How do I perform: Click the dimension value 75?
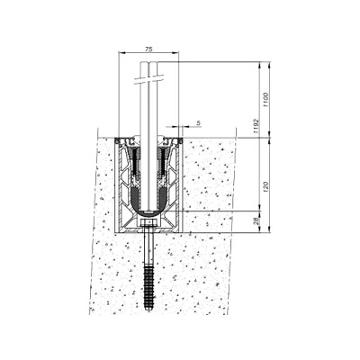click(x=148, y=49)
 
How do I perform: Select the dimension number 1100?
click(x=265, y=100)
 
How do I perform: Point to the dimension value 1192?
click(x=256, y=126)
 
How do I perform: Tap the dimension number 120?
click(x=265, y=187)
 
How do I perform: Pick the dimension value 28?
click(x=256, y=221)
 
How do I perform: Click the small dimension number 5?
click(x=198, y=122)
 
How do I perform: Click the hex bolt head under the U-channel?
click(x=148, y=223)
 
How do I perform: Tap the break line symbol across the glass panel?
click(x=149, y=79)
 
